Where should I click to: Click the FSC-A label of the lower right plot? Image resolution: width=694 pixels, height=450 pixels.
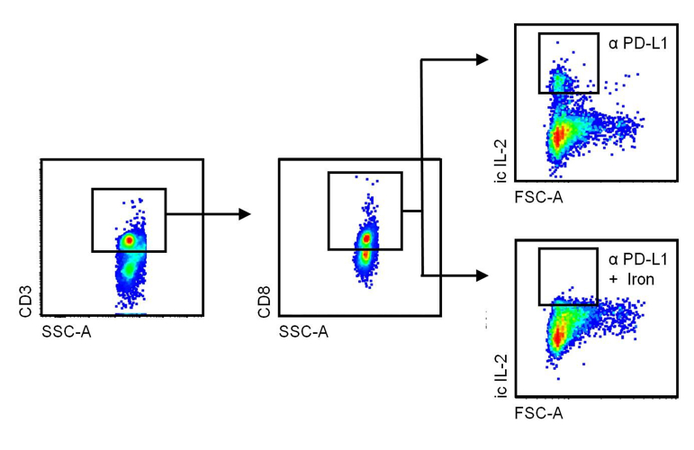[x=539, y=413]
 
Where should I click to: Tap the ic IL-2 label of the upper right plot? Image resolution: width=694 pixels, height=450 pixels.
[x=500, y=166]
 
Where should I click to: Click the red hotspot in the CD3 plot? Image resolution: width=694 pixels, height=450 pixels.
[x=130, y=241]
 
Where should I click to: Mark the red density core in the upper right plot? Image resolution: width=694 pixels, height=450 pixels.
[x=559, y=136]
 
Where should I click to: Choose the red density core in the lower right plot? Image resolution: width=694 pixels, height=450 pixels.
[x=557, y=337]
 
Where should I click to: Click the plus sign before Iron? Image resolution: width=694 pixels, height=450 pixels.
[x=613, y=280]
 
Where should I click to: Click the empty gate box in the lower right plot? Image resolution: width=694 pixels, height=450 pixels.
[x=567, y=275]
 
